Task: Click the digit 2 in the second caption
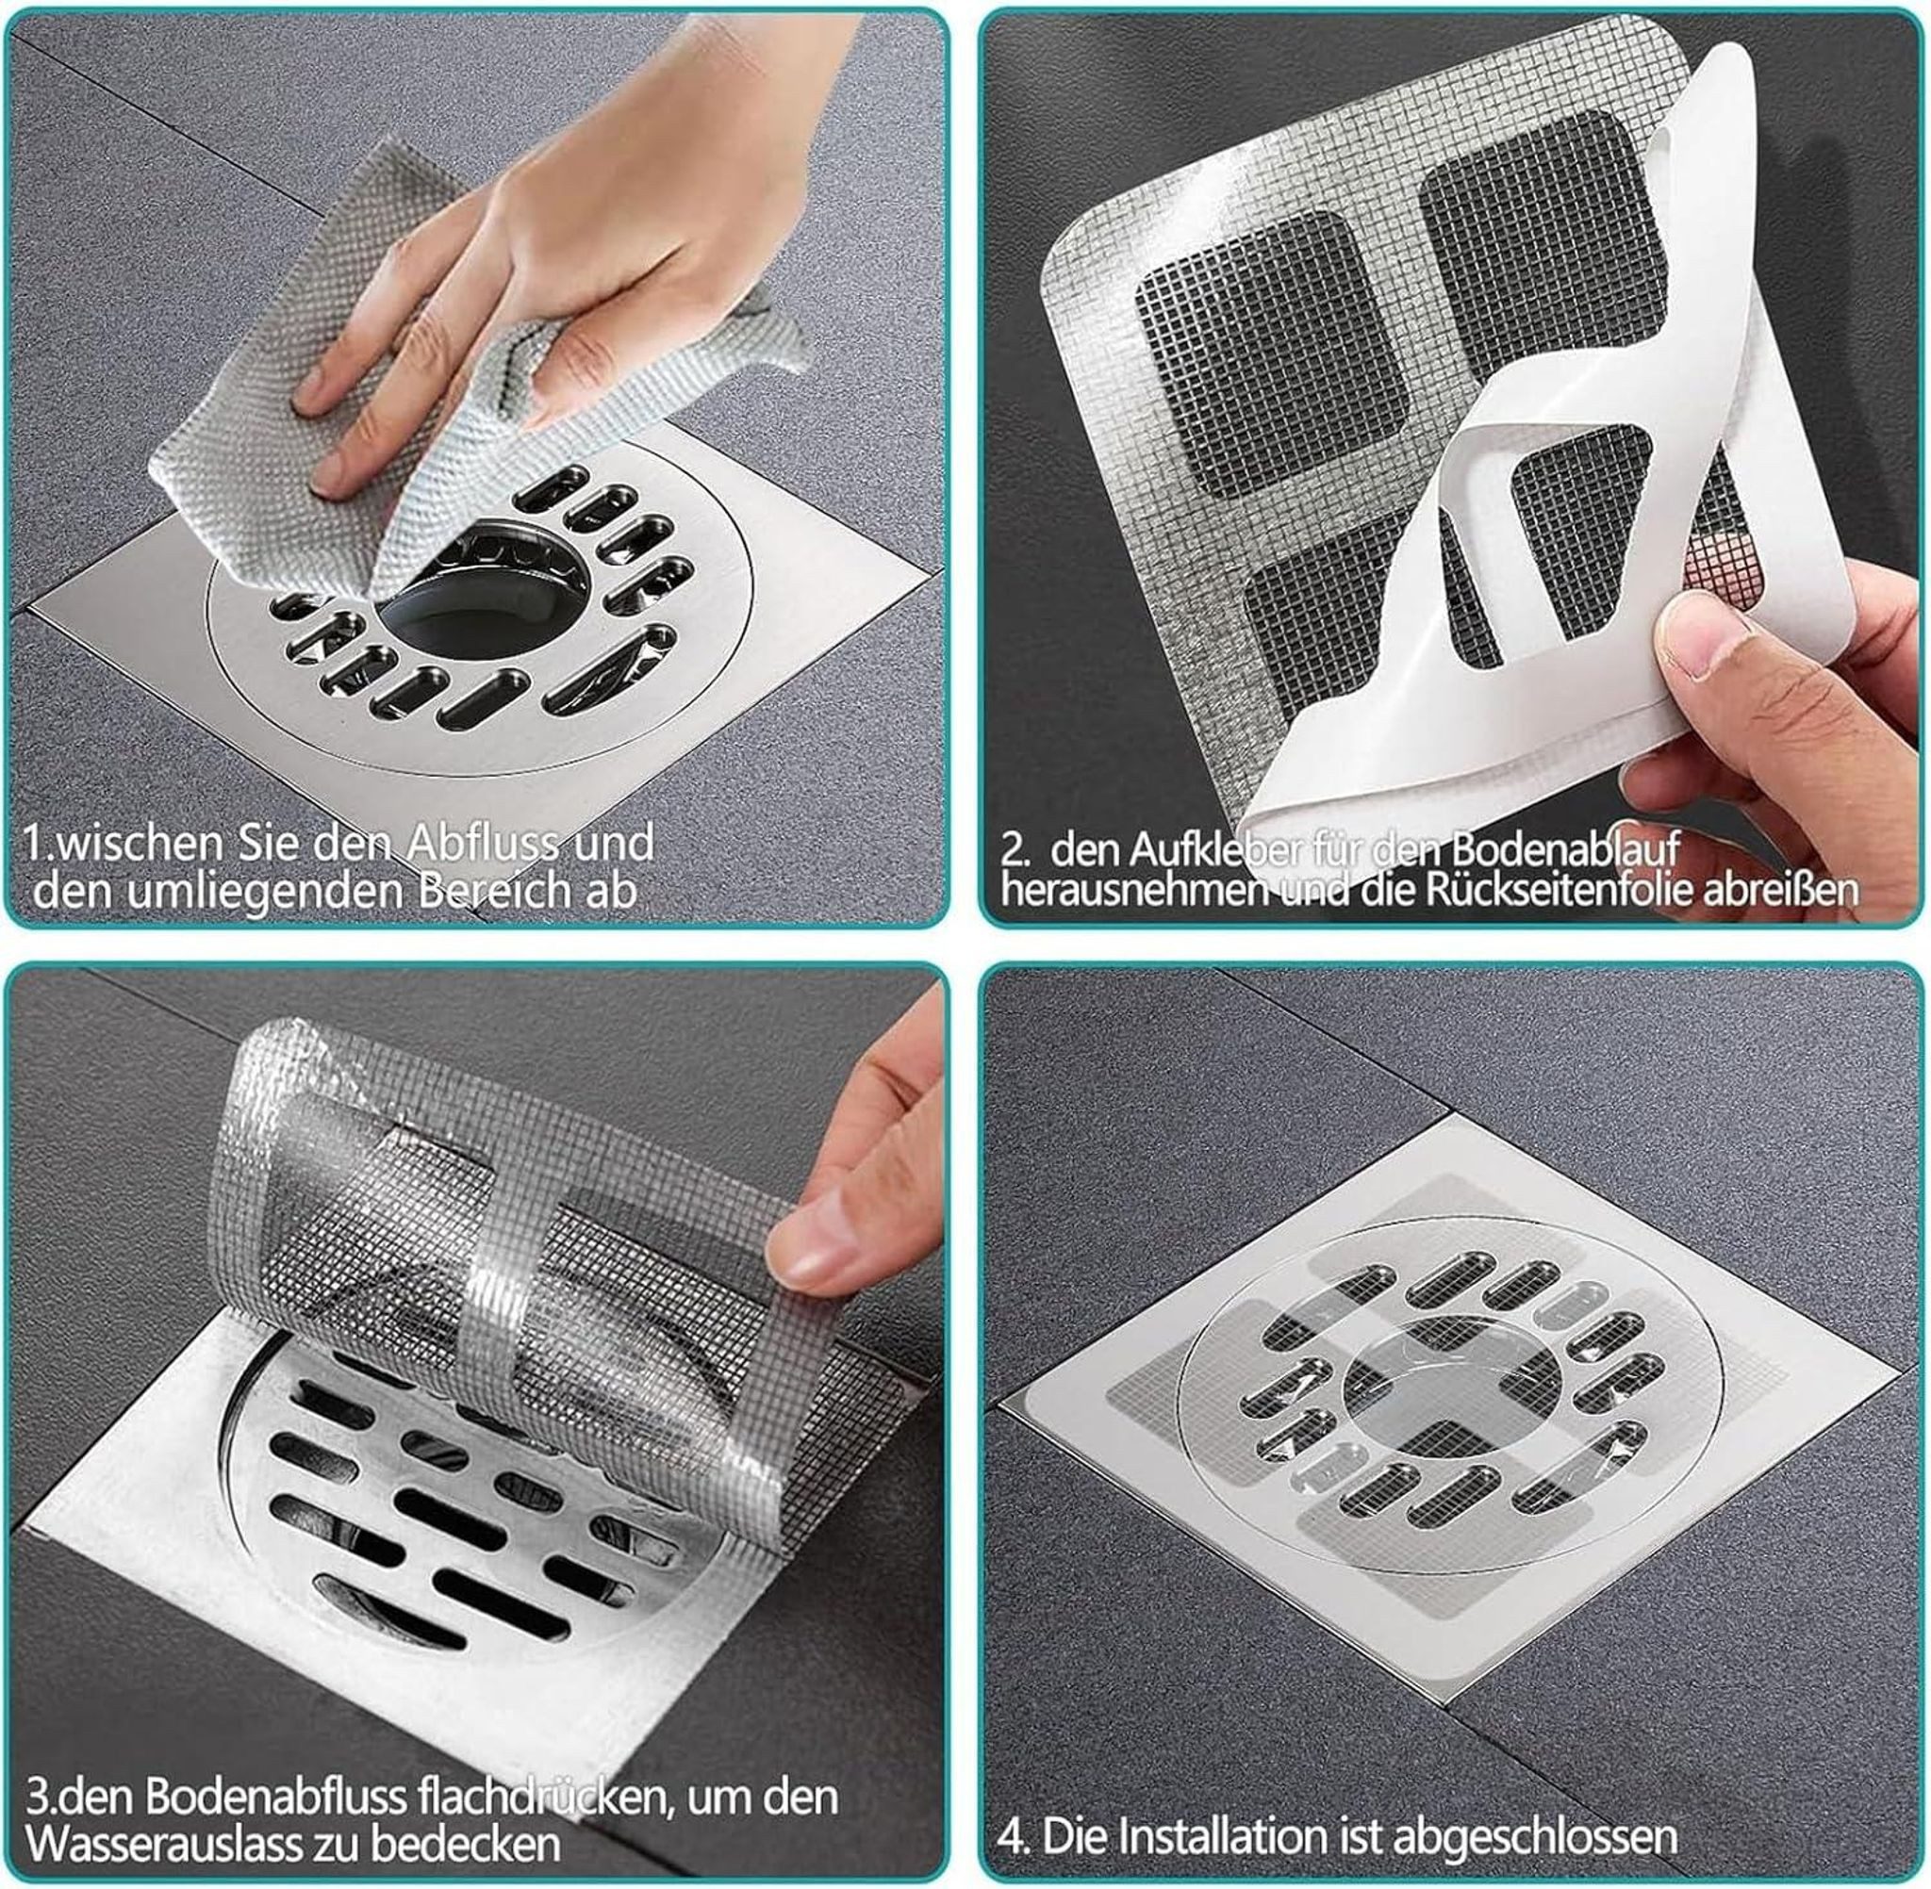click(1012, 851)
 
